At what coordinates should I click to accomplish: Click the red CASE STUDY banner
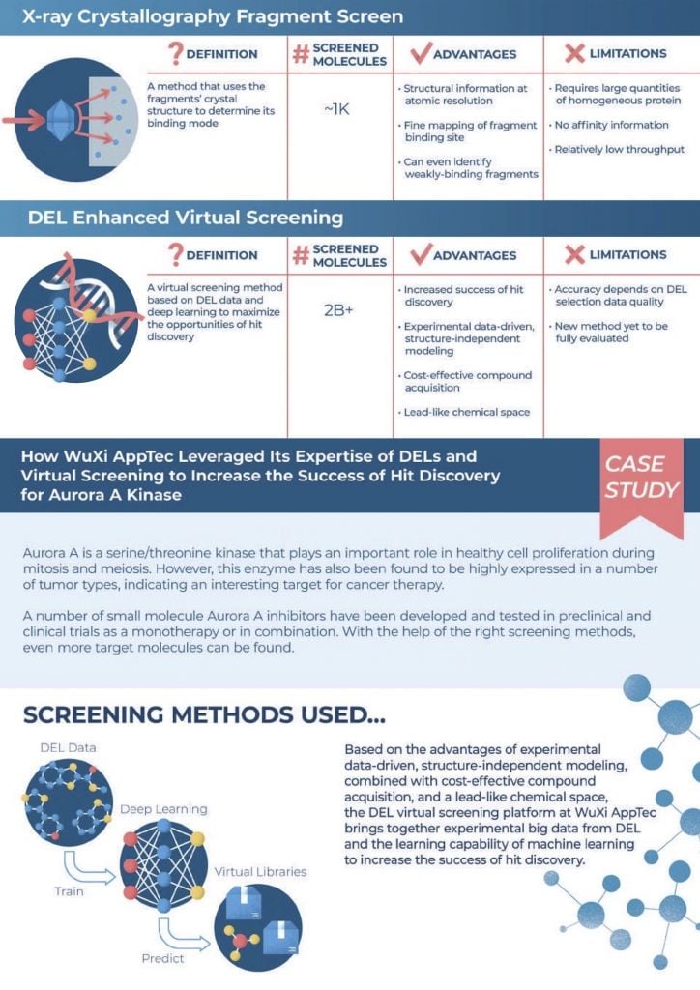pyautogui.click(x=641, y=479)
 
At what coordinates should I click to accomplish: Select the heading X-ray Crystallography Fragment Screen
pyautogui.click(x=202, y=16)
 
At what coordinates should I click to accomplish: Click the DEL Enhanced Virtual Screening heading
pyautogui.click(x=186, y=218)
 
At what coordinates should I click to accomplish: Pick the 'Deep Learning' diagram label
pyautogui.click(x=162, y=808)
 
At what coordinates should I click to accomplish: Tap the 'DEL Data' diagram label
pyautogui.click(x=68, y=748)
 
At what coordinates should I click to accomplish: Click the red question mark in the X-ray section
pyautogui.click(x=176, y=53)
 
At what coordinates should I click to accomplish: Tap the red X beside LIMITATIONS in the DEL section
pyautogui.click(x=575, y=255)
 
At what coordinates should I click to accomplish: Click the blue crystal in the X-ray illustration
pyautogui.click(x=62, y=121)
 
